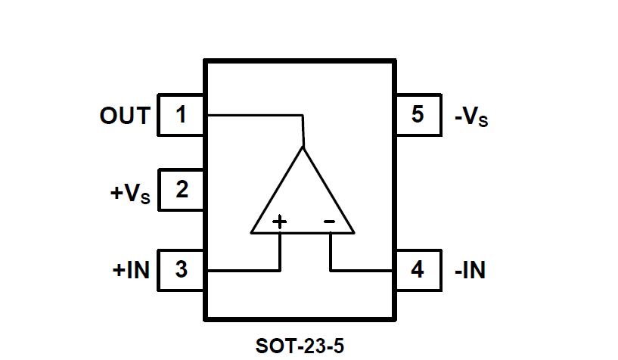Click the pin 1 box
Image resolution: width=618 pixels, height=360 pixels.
click(x=180, y=116)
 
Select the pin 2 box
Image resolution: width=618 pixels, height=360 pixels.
click(x=181, y=190)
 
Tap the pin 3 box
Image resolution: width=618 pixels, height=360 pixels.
click(x=181, y=269)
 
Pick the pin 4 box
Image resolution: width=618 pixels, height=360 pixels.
click(x=418, y=269)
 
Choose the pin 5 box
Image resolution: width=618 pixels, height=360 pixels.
click(x=418, y=116)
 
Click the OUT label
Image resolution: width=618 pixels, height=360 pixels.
click(x=125, y=116)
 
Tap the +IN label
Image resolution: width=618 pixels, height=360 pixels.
click(x=131, y=270)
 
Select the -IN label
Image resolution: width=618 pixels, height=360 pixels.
click(x=470, y=270)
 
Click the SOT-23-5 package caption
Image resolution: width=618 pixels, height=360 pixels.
click(x=300, y=346)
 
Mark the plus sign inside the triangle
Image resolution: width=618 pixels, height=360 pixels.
click(x=280, y=222)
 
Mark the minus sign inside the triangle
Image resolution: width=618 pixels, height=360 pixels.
click(x=329, y=222)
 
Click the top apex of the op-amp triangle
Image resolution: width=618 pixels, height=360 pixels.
click(x=303, y=147)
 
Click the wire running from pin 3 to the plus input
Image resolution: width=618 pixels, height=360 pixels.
click(x=242, y=270)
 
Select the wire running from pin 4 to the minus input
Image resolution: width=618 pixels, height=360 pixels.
click(x=363, y=270)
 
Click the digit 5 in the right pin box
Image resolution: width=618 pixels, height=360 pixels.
click(x=418, y=116)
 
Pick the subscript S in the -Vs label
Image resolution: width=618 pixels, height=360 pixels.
click(x=483, y=122)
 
